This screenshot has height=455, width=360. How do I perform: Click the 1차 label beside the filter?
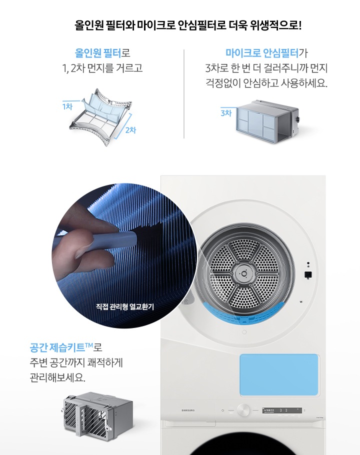67,106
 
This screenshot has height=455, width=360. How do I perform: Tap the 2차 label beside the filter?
130,130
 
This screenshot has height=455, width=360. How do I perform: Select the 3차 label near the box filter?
226,113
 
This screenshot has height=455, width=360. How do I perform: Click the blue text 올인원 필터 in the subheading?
98,52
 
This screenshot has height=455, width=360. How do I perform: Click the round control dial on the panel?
244,410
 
